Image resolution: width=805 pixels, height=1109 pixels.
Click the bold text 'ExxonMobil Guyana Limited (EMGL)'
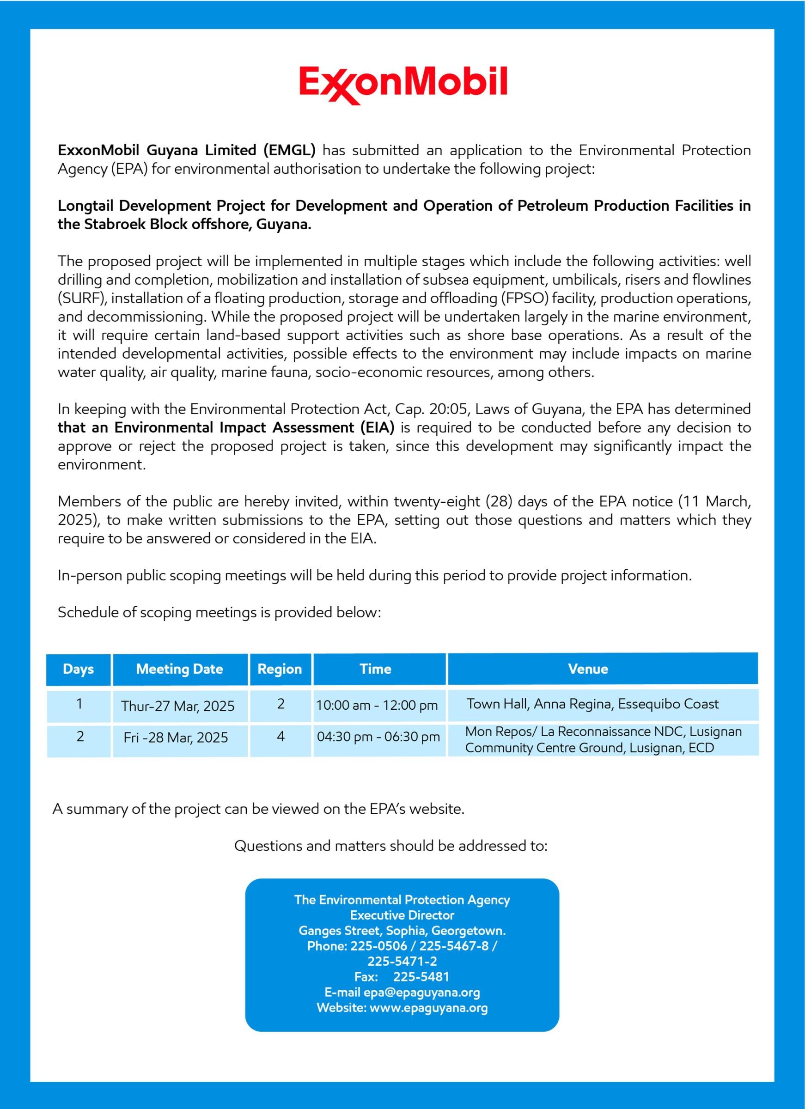coord(186,150)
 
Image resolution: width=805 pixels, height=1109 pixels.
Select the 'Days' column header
coord(78,669)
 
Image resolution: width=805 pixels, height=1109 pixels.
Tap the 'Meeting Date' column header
coord(179,669)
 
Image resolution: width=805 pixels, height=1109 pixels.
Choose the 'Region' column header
coord(280,669)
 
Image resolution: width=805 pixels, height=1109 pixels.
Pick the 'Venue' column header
coord(588,669)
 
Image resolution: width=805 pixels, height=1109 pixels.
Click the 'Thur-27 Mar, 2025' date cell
coord(178,706)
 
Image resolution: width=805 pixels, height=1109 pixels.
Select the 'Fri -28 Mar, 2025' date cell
coord(176,737)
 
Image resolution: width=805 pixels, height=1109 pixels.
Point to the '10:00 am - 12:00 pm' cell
coord(377,705)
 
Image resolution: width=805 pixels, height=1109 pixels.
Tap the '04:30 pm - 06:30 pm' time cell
coord(378,737)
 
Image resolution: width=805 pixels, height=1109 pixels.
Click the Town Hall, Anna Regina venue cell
coord(592,704)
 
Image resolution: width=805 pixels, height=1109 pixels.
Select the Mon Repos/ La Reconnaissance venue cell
coord(603,739)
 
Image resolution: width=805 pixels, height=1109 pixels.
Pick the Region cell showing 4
coord(281,737)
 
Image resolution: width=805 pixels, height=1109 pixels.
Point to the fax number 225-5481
coord(421,976)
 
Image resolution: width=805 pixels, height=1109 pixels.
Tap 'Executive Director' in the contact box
coord(402,915)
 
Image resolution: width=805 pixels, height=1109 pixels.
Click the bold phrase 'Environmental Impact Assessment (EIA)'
coord(254,427)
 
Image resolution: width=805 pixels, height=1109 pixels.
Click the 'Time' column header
coord(376,669)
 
